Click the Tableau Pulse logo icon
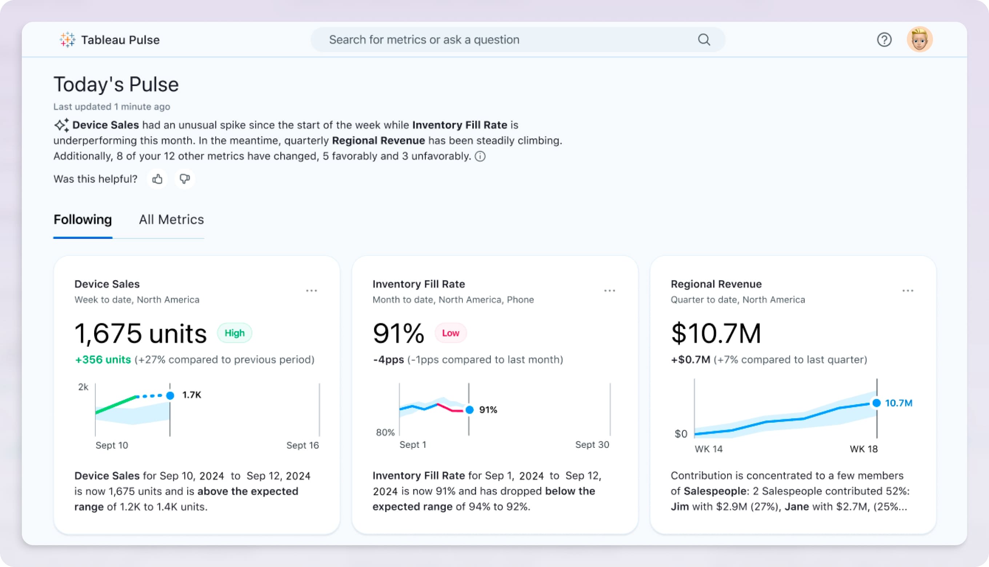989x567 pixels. [x=67, y=40]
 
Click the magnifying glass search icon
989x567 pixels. [x=704, y=40]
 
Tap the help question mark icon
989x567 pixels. [x=884, y=40]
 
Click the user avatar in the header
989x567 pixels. [x=919, y=39]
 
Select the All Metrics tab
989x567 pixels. [x=171, y=220]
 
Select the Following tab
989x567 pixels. [x=83, y=220]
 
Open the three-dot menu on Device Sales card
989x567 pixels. [x=311, y=291]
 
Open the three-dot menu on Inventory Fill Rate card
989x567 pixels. [x=609, y=291]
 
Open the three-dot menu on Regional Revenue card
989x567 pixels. [x=908, y=291]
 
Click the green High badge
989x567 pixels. [x=235, y=333]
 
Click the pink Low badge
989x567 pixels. [x=450, y=333]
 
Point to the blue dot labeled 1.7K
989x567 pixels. [x=170, y=396]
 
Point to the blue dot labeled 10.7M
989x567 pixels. [x=876, y=403]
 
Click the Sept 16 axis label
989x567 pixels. [x=302, y=446]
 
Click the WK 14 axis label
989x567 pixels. [x=709, y=449]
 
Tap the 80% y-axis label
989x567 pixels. [x=385, y=433]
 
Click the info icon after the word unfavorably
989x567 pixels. [x=480, y=157]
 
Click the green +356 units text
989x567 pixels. [x=103, y=360]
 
